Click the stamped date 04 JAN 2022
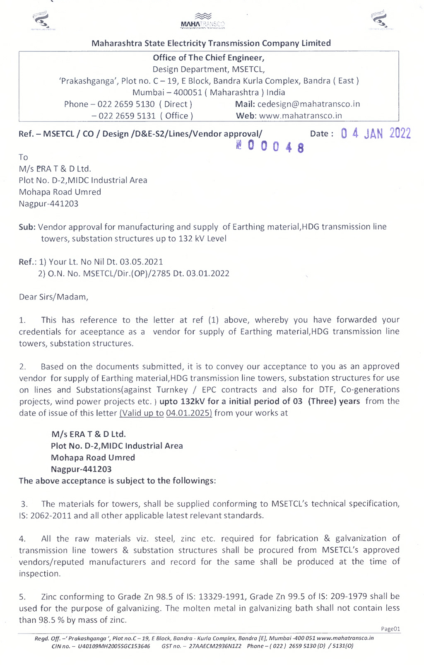click(376, 133)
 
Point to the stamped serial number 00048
click(270, 147)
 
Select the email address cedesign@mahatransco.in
click(308, 104)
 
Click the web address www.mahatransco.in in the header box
click(301, 116)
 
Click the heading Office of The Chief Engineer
click(208, 58)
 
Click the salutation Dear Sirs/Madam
click(53, 297)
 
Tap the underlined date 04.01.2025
click(189, 413)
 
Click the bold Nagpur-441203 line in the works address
click(81, 469)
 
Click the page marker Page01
click(390, 629)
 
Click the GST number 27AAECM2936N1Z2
click(215, 646)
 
